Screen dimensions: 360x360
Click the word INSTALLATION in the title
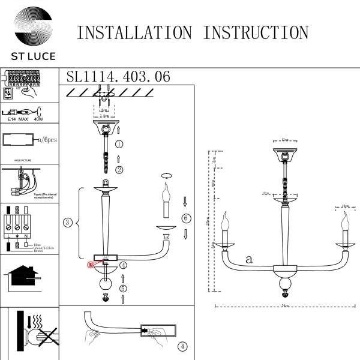[136, 32]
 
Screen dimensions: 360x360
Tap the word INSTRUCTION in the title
[256, 32]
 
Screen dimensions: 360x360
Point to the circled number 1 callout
[119, 144]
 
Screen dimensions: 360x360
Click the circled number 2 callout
[119, 170]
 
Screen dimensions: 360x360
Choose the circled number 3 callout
[68, 223]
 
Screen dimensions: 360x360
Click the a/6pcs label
[47, 140]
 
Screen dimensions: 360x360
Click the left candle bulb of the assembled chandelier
[226, 226]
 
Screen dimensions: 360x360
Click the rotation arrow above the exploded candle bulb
[166, 176]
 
